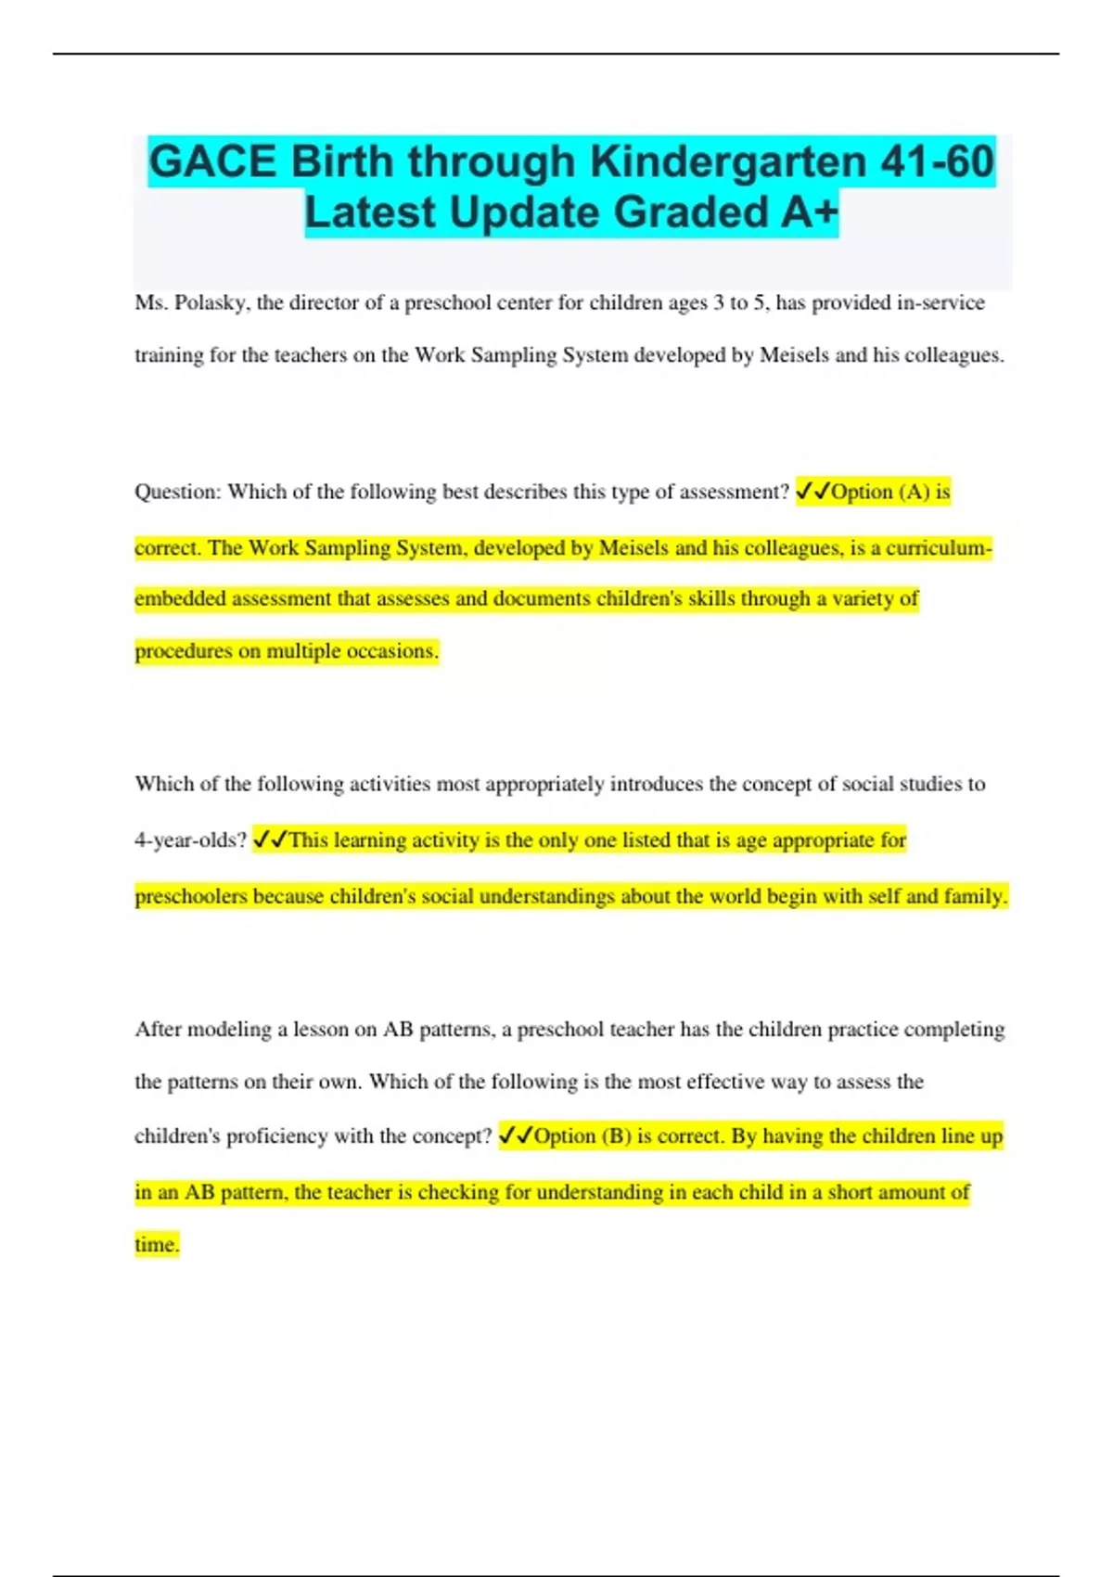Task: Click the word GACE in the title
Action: [212, 161]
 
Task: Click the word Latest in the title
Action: [370, 212]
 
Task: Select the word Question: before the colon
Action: [178, 492]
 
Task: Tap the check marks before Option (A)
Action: [812, 492]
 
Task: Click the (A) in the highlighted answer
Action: [914, 492]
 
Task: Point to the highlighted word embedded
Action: [180, 598]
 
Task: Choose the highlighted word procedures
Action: [184, 651]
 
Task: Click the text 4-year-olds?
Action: [190, 840]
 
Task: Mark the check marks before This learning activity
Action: [270, 840]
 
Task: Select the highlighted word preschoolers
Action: [191, 897]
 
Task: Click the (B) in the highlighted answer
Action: [616, 1136]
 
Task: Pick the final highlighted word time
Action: [157, 1245]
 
